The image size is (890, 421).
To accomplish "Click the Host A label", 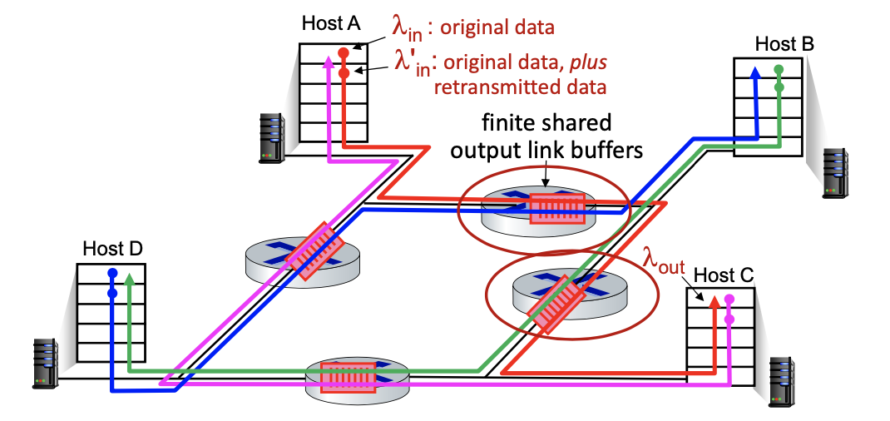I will [x=330, y=24].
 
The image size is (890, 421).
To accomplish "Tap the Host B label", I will [x=784, y=43].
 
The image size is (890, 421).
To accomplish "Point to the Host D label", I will [x=112, y=248].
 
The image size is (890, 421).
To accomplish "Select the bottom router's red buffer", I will [x=348, y=376].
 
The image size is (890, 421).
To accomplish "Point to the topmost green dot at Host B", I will [x=779, y=70].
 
